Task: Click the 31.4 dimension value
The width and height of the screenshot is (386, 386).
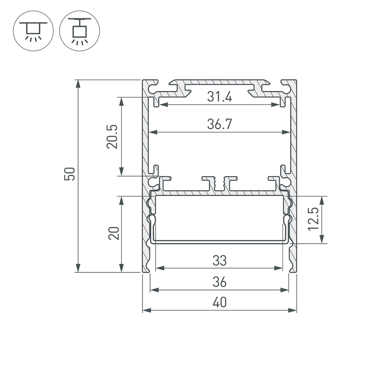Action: (220, 97)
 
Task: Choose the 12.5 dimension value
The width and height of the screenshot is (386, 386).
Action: (313, 219)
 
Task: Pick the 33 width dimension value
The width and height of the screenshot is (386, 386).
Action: (220, 261)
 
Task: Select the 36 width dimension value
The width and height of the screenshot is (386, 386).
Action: (220, 282)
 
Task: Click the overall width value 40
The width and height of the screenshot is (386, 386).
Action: (220, 302)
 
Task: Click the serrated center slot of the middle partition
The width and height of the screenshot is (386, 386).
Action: (220, 184)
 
